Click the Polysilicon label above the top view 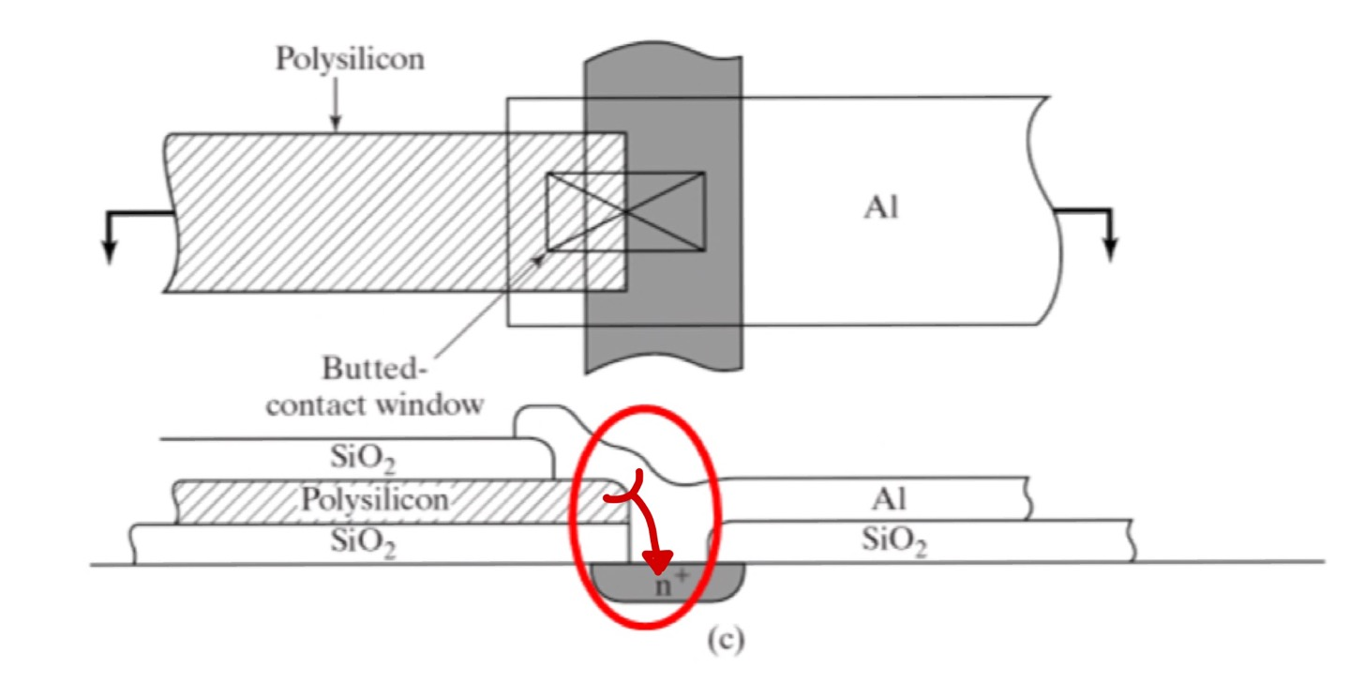tap(349, 58)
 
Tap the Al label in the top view tap(881, 208)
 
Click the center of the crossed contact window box tap(625, 212)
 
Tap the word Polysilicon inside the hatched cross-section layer tap(374, 499)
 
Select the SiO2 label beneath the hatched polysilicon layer tap(364, 543)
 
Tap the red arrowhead tap(660, 562)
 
